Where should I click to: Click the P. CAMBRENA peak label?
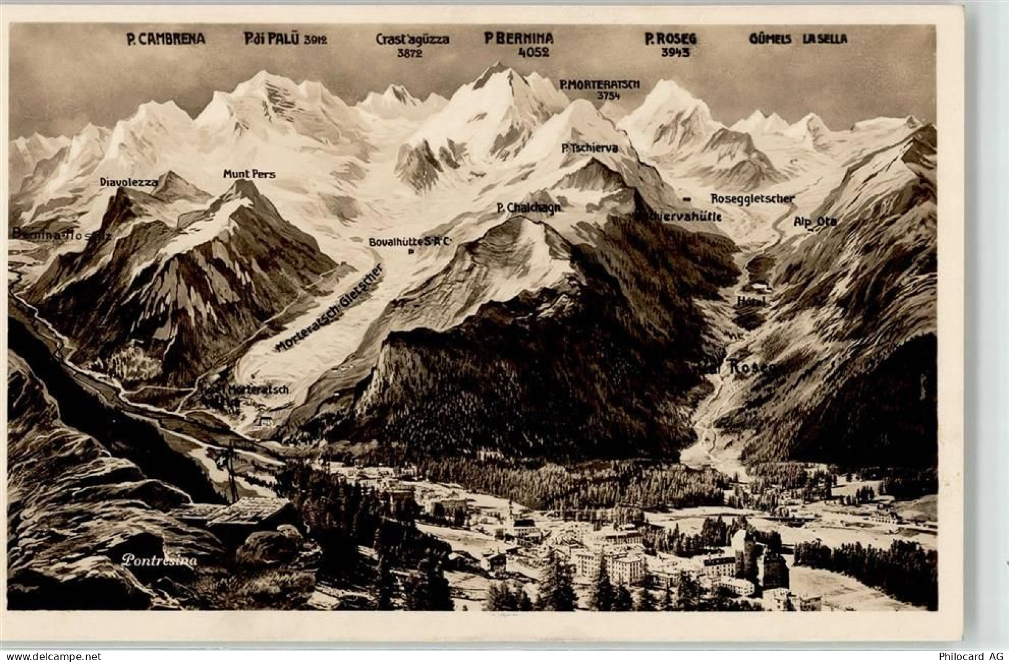click(x=165, y=40)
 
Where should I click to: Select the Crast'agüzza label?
click(x=412, y=39)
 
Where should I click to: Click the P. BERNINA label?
click(x=518, y=38)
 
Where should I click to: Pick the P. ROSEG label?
click(x=670, y=39)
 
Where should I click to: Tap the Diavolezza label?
click(x=129, y=182)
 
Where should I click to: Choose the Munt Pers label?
click(x=249, y=174)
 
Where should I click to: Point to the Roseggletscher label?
click(x=752, y=199)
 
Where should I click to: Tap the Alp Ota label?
click(x=815, y=221)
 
